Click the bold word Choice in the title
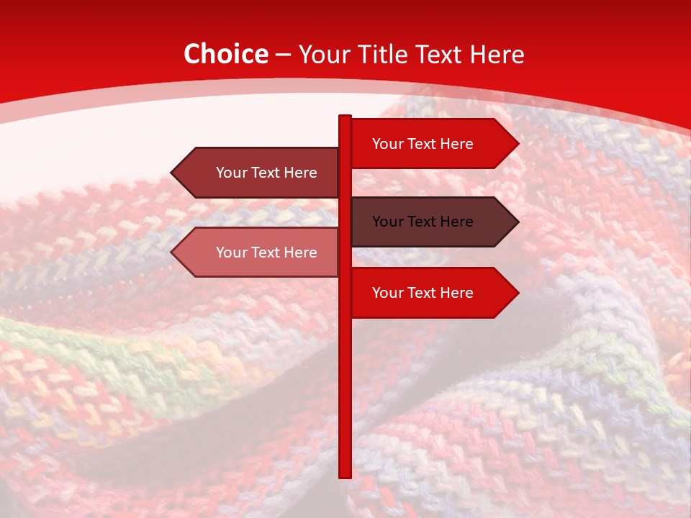coord(225,54)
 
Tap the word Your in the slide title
coord(324,54)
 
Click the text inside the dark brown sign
coord(423,222)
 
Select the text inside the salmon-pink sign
coord(266,253)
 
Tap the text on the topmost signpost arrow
coord(423,144)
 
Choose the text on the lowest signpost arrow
coord(423,293)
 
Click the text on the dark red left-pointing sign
coord(266,173)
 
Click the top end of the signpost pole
coord(345,117)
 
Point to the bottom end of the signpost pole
coord(345,476)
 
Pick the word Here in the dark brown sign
coord(456,222)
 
